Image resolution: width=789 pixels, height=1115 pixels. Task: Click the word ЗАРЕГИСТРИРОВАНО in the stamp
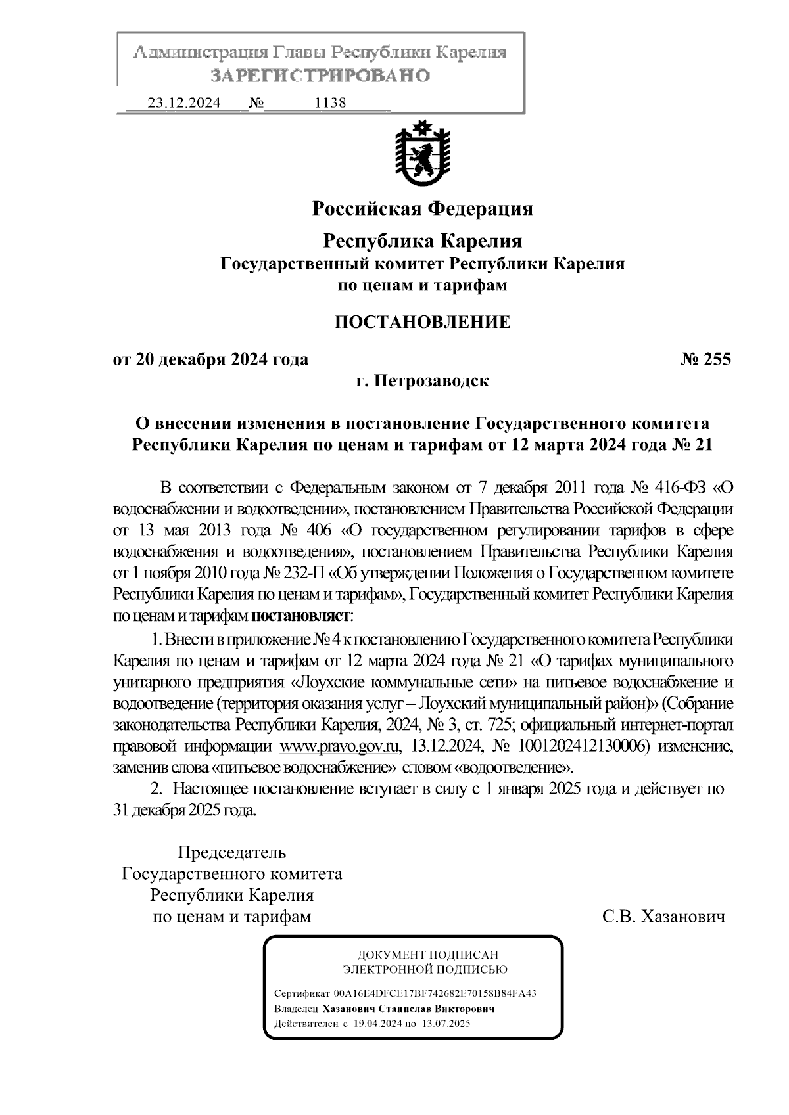coord(320,75)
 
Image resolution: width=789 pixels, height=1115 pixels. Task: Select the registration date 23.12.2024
coord(184,103)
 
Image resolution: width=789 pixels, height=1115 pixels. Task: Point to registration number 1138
coord(330,103)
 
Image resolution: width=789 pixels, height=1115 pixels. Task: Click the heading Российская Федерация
coord(421,209)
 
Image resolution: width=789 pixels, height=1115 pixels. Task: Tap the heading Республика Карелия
coord(421,241)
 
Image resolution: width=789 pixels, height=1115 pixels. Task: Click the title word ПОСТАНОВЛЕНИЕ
coord(422,322)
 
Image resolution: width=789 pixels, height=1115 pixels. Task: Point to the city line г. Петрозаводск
coord(422,381)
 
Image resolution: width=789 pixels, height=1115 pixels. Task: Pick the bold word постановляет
coord(300,616)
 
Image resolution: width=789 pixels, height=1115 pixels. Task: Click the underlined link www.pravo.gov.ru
coord(341,746)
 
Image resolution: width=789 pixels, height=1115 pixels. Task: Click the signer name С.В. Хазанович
coord(663,917)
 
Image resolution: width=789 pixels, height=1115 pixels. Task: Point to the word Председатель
coord(232,853)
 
